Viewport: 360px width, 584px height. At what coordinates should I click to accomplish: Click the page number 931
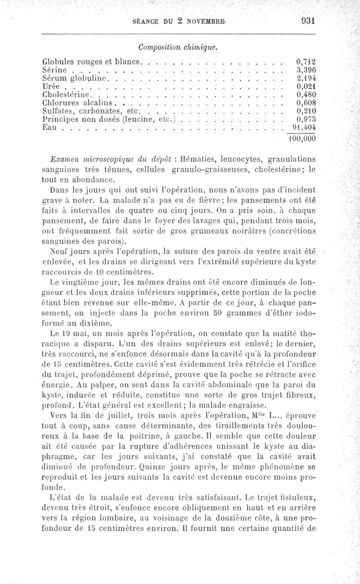tap(306, 20)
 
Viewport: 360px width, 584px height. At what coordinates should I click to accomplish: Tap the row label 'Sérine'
tap(54, 70)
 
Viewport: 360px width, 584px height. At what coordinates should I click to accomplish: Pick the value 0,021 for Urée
tap(306, 86)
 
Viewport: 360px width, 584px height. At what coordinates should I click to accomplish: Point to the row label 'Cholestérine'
tap(67, 95)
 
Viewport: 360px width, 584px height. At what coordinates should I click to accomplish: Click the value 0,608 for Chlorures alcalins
tap(306, 103)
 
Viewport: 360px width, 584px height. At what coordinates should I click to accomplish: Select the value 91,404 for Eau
tap(304, 128)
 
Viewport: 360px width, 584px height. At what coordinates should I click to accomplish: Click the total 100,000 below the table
tap(301, 139)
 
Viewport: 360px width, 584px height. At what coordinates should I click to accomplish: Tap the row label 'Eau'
tap(50, 128)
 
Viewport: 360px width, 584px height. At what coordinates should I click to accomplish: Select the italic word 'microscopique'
tap(100, 159)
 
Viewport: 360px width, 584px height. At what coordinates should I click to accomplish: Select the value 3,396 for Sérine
tap(306, 70)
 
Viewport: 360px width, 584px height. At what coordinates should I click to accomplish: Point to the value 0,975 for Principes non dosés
tap(306, 120)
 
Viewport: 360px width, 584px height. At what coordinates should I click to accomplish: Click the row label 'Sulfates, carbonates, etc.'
tap(92, 111)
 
